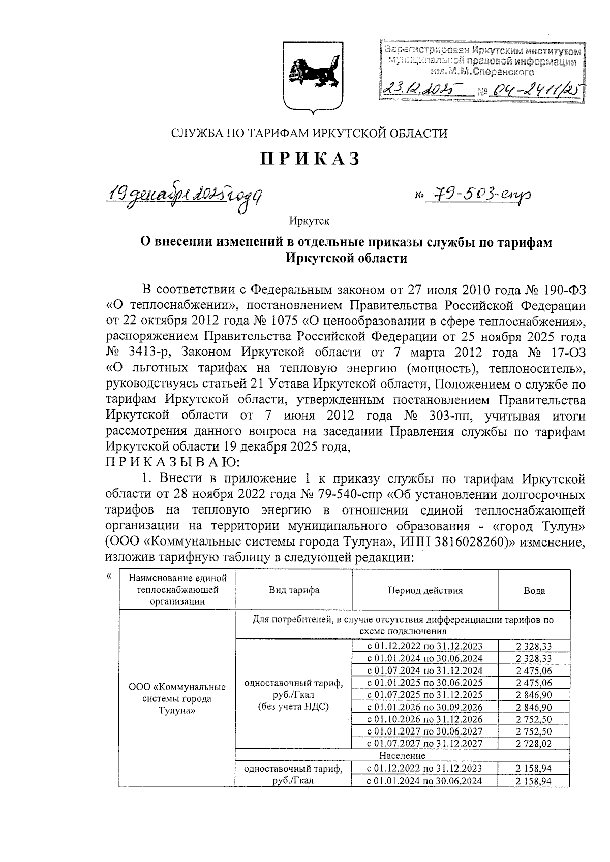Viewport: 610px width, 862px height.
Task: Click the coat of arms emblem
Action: (x=311, y=76)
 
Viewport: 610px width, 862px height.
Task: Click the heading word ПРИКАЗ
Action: (x=310, y=159)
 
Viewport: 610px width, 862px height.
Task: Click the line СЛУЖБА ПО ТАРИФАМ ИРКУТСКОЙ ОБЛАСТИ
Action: (x=309, y=134)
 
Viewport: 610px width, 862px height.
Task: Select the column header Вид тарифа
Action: (x=294, y=590)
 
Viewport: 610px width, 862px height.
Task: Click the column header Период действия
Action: (x=425, y=590)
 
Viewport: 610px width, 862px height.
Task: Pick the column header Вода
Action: (x=534, y=590)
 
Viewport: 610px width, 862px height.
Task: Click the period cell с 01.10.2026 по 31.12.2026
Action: (x=424, y=719)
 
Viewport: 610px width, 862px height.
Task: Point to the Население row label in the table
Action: (x=402, y=756)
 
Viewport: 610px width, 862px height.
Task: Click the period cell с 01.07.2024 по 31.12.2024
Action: (x=424, y=671)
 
